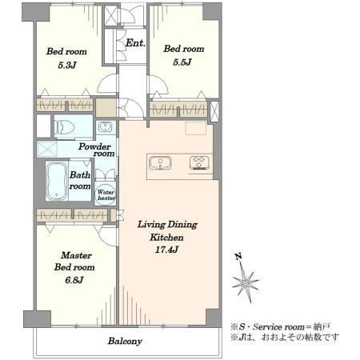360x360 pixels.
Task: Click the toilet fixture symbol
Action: pos(64,126)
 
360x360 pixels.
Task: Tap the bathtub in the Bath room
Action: pos(56,182)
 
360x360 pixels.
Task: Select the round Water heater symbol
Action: pos(106,195)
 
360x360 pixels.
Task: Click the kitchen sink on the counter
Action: pos(160,163)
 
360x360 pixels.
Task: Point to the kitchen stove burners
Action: pos(199,162)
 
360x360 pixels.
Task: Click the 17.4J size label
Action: pos(166,250)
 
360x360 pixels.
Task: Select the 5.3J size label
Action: pos(67,65)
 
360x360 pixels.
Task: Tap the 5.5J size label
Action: pos(182,62)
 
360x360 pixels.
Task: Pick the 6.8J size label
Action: pos(74,280)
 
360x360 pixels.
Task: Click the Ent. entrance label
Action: pos(135,43)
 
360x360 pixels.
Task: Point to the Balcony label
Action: pos(125,341)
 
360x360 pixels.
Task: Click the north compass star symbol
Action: pos(246,282)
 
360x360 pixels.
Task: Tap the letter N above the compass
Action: pos(238,257)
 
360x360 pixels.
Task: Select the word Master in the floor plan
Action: pos(77,255)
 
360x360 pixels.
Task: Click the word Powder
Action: pos(94,146)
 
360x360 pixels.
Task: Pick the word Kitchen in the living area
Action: pos(166,237)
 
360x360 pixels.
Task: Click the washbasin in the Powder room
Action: pos(104,127)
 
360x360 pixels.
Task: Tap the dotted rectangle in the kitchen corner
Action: pos(196,128)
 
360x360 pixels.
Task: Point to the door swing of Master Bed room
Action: pos(105,233)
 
